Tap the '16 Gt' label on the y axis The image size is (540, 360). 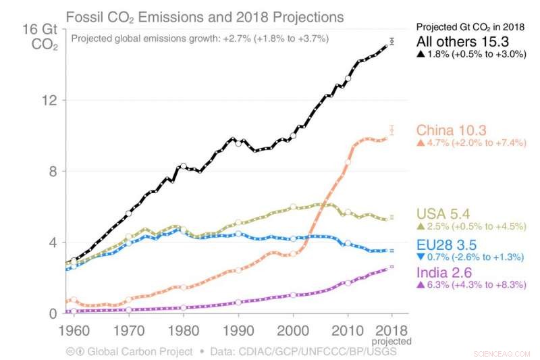pos(40,29)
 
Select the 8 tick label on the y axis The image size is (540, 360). pos(53,172)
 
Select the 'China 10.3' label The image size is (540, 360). pos(450,130)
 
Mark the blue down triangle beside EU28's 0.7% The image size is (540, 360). pos(421,257)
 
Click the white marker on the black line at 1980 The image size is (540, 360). pos(183,165)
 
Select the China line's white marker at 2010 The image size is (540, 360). pos(348,162)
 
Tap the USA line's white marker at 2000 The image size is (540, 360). pos(293,207)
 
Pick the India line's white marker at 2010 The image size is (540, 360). pos(348,282)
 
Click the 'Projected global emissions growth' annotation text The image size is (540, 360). pos(200,38)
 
